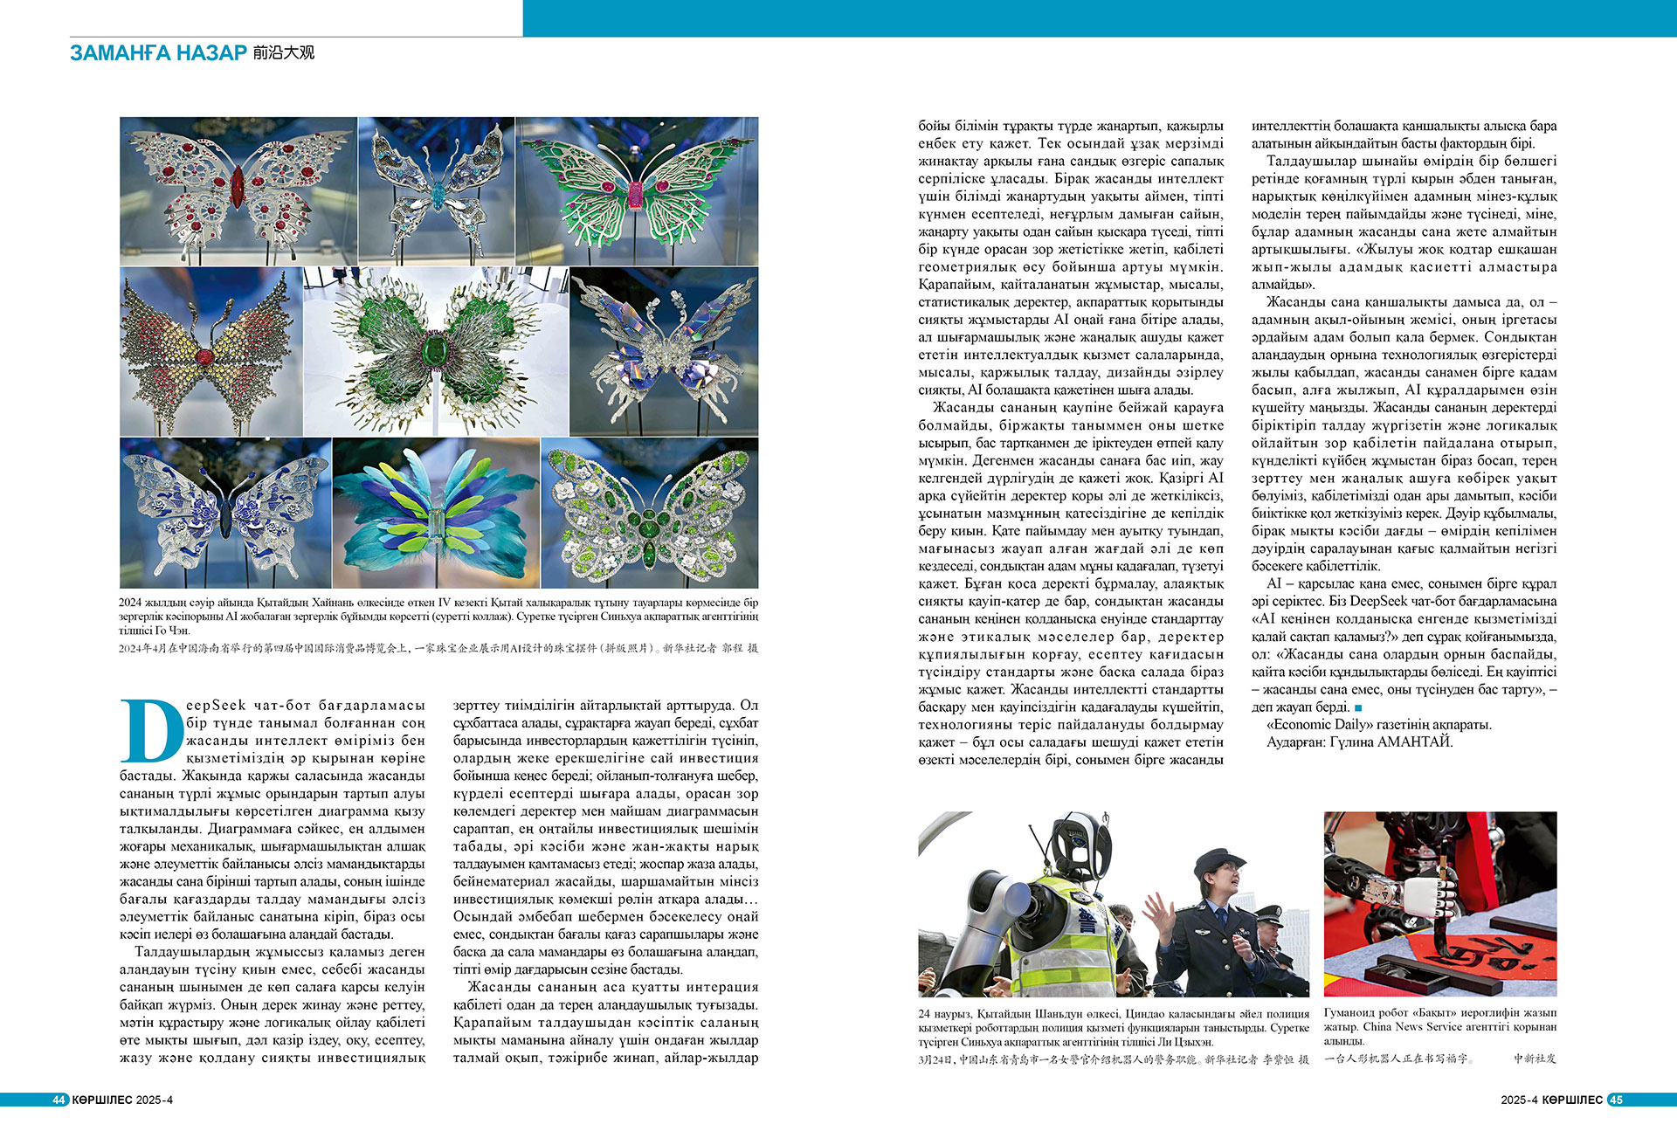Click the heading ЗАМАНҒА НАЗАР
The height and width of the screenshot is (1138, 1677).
(158, 53)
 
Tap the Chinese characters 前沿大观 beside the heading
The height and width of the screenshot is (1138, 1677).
(284, 53)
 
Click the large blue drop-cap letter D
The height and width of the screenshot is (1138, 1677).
(151, 730)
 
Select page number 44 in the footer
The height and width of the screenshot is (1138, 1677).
(59, 1100)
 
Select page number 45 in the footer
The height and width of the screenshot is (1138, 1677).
(1615, 1100)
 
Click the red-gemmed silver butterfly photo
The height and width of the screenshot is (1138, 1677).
(238, 190)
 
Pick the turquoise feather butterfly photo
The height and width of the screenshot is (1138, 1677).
(436, 513)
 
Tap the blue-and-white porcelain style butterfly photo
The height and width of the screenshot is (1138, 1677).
(225, 513)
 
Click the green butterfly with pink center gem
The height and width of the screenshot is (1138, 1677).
(637, 190)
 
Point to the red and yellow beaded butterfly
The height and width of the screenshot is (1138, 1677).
(210, 351)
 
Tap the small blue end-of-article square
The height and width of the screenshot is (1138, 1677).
(1358, 707)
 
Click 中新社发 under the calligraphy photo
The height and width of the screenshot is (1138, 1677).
(1535, 1059)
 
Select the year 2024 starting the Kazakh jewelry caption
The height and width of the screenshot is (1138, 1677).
(130, 603)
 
